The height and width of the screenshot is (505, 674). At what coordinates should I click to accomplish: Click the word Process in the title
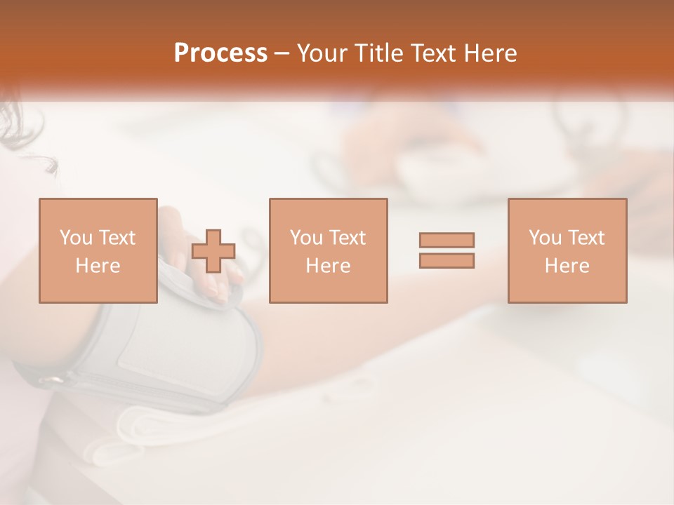[x=220, y=53]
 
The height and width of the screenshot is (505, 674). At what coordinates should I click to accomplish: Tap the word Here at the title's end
[x=489, y=53]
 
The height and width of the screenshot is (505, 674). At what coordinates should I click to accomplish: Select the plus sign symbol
[x=213, y=251]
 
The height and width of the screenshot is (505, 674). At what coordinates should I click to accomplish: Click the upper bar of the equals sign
[x=447, y=240]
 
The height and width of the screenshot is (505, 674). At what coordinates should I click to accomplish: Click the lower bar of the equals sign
[x=447, y=260]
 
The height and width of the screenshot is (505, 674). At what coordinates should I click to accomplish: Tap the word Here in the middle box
[x=328, y=266]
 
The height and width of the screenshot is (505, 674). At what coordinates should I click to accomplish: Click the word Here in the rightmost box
[x=567, y=266]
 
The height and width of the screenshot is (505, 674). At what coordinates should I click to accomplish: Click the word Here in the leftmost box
[x=98, y=266]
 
